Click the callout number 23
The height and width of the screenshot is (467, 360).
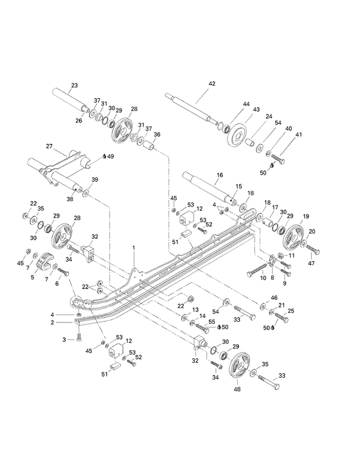pyautogui.click(x=74, y=85)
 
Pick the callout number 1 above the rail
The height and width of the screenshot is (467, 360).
pyautogui.click(x=134, y=247)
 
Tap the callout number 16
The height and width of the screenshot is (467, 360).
pyautogui.click(x=219, y=175)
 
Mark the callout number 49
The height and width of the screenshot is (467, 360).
pyautogui.click(x=111, y=156)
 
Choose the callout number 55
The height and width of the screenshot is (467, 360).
pyautogui.click(x=212, y=321)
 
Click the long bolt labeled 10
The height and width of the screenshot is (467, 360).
pyautogui.click(x=258, y=274)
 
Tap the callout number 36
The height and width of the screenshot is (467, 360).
pyautogui.click(x=157, y=135)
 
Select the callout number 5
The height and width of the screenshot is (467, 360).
pyautogui.click(x=32, y=278)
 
